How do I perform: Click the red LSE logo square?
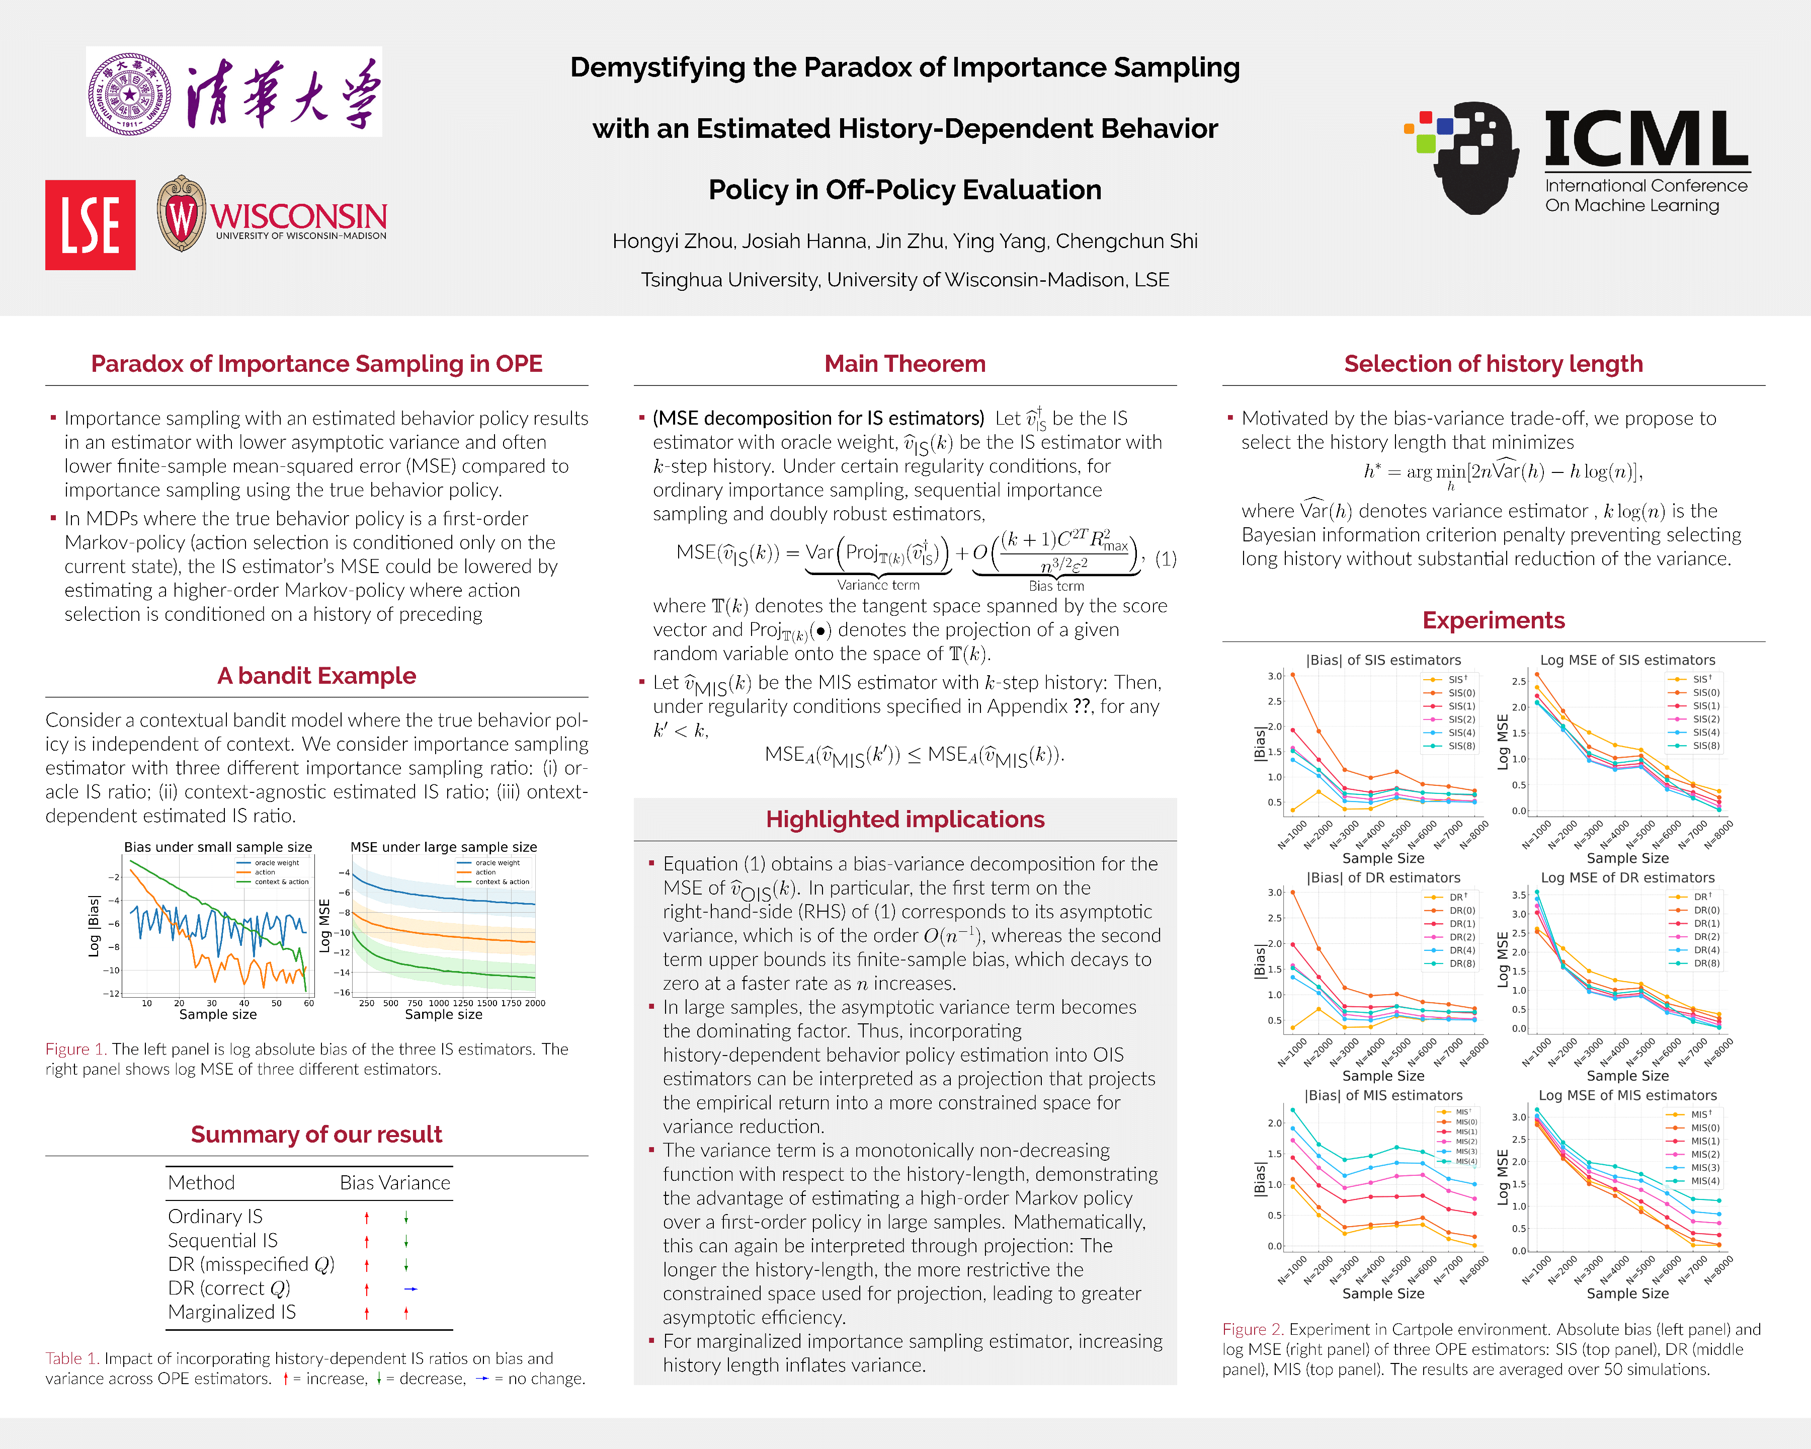[x=90, y=225]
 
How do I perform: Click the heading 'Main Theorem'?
[x=904, y=364]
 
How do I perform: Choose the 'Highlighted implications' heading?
[x=904, y=819]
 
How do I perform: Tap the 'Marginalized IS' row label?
[x=232, y=1312]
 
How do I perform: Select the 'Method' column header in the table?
[x=202, y=1183]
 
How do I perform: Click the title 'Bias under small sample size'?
[x=217, y=847]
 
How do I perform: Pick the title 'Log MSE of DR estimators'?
[x=1627, y=878]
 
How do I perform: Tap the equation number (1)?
[x=1165, y=558]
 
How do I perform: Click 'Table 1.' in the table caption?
[x=72, y=1358]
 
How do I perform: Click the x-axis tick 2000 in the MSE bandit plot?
[x=535, y=1003]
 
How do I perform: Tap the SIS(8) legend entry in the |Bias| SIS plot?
[x=1461, y=746]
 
